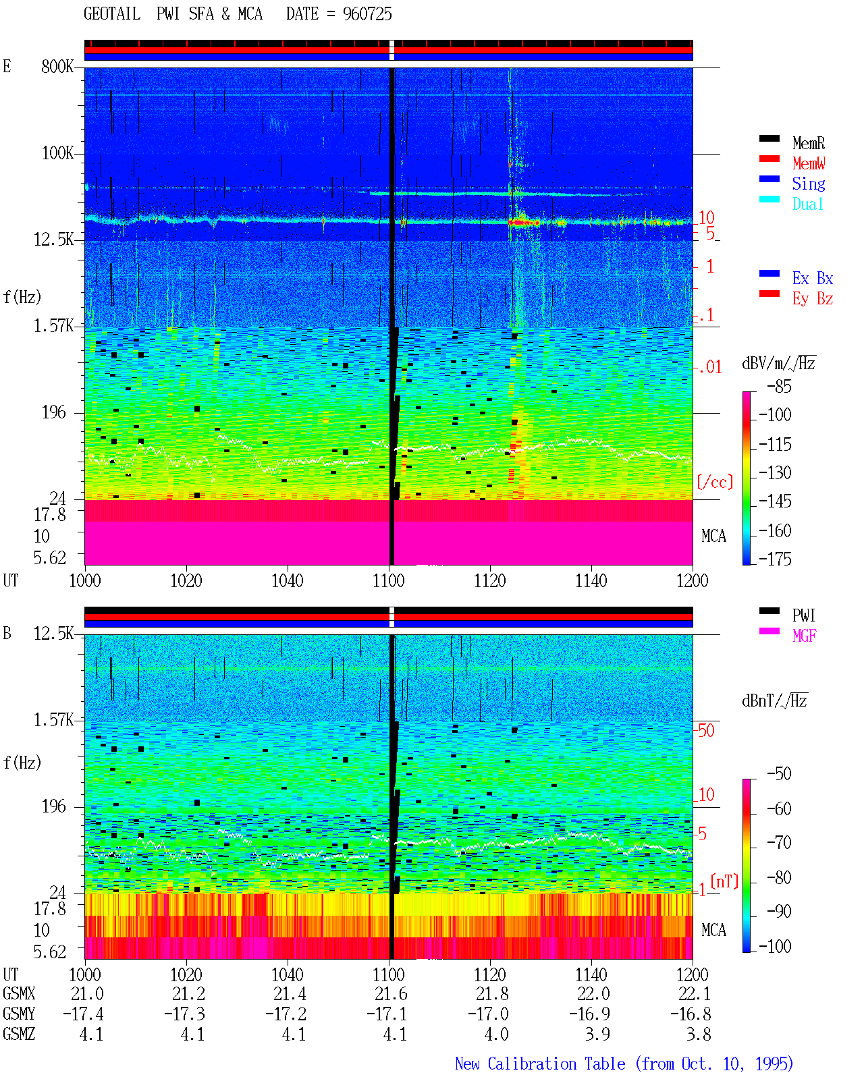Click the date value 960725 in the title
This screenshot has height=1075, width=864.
point(367,14)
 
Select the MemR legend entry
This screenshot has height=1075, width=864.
point(809,143)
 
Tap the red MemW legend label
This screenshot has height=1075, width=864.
point(809,163)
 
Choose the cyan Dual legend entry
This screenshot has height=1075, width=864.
point(807,204)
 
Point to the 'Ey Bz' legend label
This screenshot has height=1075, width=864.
point(813,298)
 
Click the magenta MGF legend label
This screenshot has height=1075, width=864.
point(804,636)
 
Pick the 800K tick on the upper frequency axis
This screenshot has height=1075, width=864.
point(57,66)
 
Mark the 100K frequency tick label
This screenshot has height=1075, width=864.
point(57,153)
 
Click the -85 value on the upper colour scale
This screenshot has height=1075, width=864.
point(779,386)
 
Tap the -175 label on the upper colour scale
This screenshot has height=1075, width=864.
point(775,559)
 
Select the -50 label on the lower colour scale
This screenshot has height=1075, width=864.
point(779,774)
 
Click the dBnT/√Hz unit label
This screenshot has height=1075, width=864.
point(774,701)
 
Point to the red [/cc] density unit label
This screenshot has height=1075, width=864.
point(715,482)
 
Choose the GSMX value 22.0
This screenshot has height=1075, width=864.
point(593,993)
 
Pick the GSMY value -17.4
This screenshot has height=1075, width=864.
point(84,1014)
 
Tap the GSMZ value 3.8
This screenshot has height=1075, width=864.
point(699,1034)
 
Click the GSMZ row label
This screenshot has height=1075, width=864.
point(19,1034)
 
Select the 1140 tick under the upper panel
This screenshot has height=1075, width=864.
point(591,580)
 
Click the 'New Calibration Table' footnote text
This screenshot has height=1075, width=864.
point(540,1064)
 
